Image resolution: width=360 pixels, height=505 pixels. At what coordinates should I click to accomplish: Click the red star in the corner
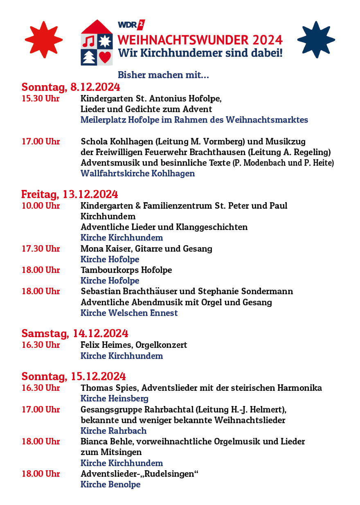(x=43, y=40)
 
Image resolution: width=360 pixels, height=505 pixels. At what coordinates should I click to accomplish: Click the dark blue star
(x=316, y=40)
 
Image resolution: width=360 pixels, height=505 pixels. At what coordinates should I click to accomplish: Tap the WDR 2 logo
(x=131, y=25)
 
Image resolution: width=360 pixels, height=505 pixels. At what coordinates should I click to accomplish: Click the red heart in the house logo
(x=105, y=57)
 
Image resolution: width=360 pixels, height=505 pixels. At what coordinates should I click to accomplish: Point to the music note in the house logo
(x=90, y=41)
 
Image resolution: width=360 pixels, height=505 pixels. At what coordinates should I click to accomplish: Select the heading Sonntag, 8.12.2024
(x=71, y=87)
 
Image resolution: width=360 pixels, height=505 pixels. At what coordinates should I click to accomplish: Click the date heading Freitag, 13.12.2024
(x=70, y=194)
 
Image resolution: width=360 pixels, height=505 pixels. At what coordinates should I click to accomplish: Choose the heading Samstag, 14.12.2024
(x=75, y=333)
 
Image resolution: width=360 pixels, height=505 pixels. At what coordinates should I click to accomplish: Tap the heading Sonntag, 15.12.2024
(x=74, y=376)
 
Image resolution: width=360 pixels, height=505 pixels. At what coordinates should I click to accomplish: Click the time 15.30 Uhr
(x=40, y=99)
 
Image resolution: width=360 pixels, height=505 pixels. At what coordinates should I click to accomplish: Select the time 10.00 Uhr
(x=40, y=205)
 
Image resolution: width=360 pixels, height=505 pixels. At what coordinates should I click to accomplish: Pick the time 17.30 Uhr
(x=40, y=248)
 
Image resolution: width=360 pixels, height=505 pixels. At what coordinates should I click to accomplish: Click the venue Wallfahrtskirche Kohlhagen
(x=137, y=174)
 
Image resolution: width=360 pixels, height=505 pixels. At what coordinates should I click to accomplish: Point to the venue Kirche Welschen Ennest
(x=129, y=313)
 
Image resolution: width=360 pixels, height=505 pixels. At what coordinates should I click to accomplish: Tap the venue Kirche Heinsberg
(x=114, y=399)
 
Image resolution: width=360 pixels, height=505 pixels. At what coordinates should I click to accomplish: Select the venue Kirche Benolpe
(x=110, y=485)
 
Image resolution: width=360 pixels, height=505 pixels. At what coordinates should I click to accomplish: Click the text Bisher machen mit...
(x=163, y=75)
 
